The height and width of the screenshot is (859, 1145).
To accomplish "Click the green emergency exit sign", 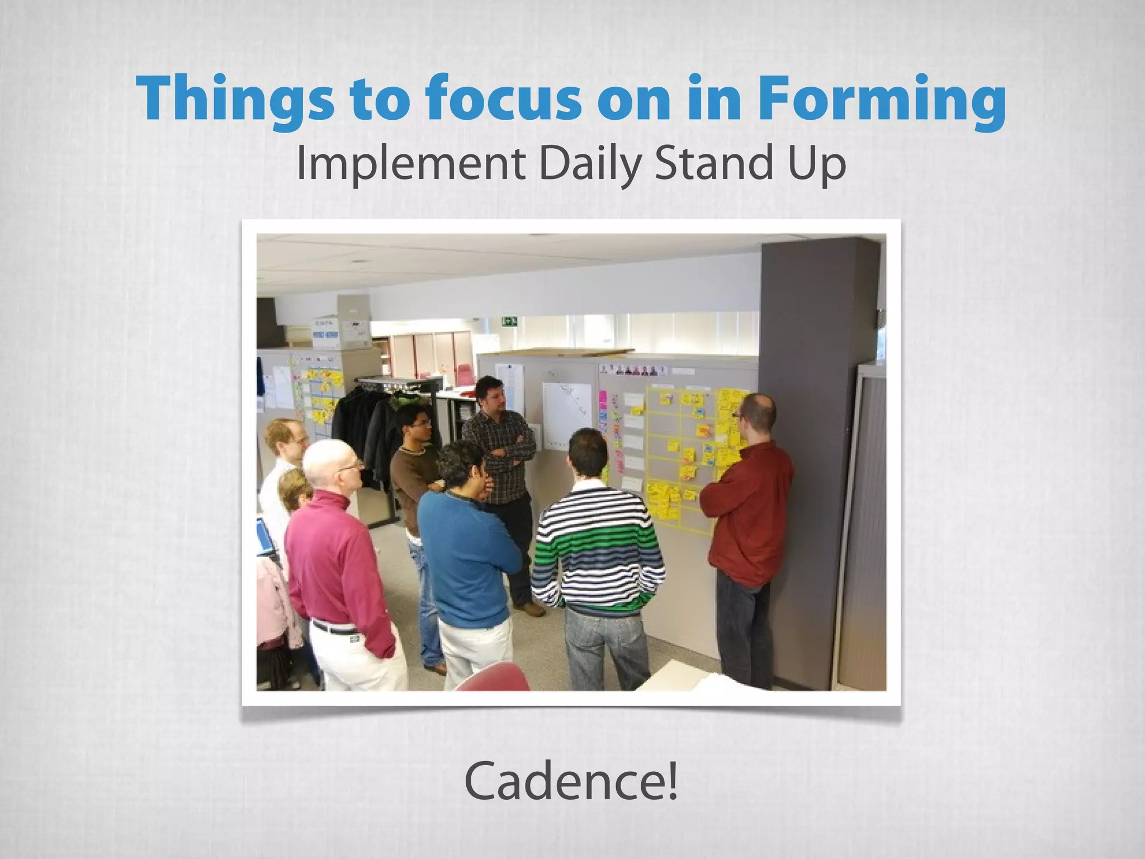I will coord(509,321).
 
